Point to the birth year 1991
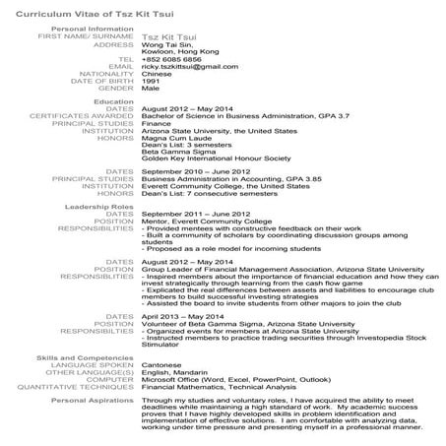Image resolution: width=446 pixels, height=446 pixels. point(153,80)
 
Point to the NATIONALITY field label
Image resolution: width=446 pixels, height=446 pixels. point(106,73)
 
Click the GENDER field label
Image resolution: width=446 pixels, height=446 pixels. point(118,88)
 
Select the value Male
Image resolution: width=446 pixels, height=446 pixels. point(151,88)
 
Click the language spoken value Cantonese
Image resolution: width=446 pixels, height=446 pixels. point(163,365)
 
